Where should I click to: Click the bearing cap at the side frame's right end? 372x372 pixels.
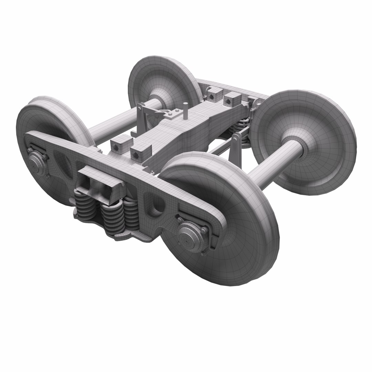tap(189, 237)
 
